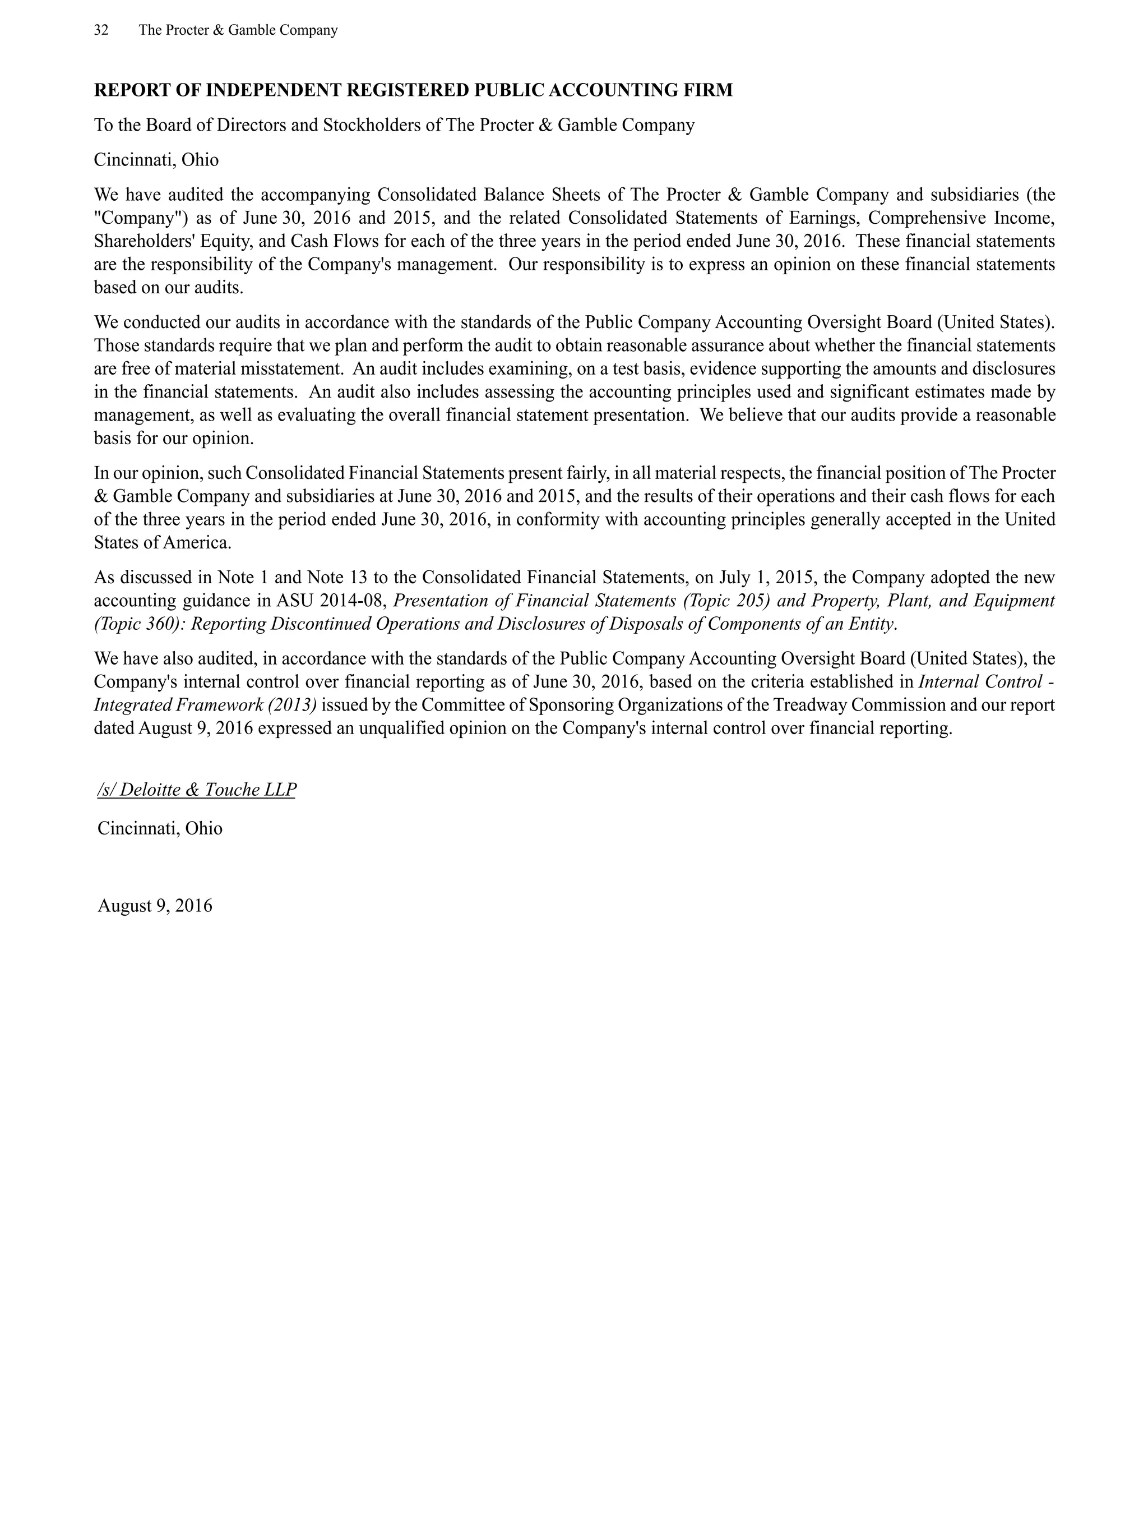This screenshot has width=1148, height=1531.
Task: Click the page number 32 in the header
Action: (x=101, y=30)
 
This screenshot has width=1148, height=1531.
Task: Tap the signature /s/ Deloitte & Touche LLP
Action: (x=197, y=790)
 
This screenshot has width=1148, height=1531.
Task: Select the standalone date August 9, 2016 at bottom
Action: (x=155, y=906)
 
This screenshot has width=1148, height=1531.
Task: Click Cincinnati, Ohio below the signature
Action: (x=160, y=828)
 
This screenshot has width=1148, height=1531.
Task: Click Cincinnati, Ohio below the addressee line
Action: (x=156, y=160)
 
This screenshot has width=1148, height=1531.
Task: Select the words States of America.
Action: (x=163, y=543)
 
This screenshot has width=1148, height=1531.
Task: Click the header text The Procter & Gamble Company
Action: (x=238, y=30)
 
